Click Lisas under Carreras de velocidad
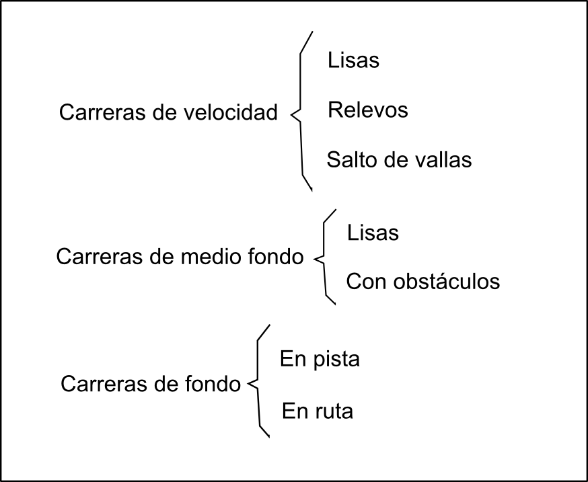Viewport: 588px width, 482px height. click(353, 61)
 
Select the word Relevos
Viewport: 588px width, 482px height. click(367, 110)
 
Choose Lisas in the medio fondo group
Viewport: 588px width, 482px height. click(373, 233)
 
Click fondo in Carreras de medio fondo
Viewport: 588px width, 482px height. click(279, 257)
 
